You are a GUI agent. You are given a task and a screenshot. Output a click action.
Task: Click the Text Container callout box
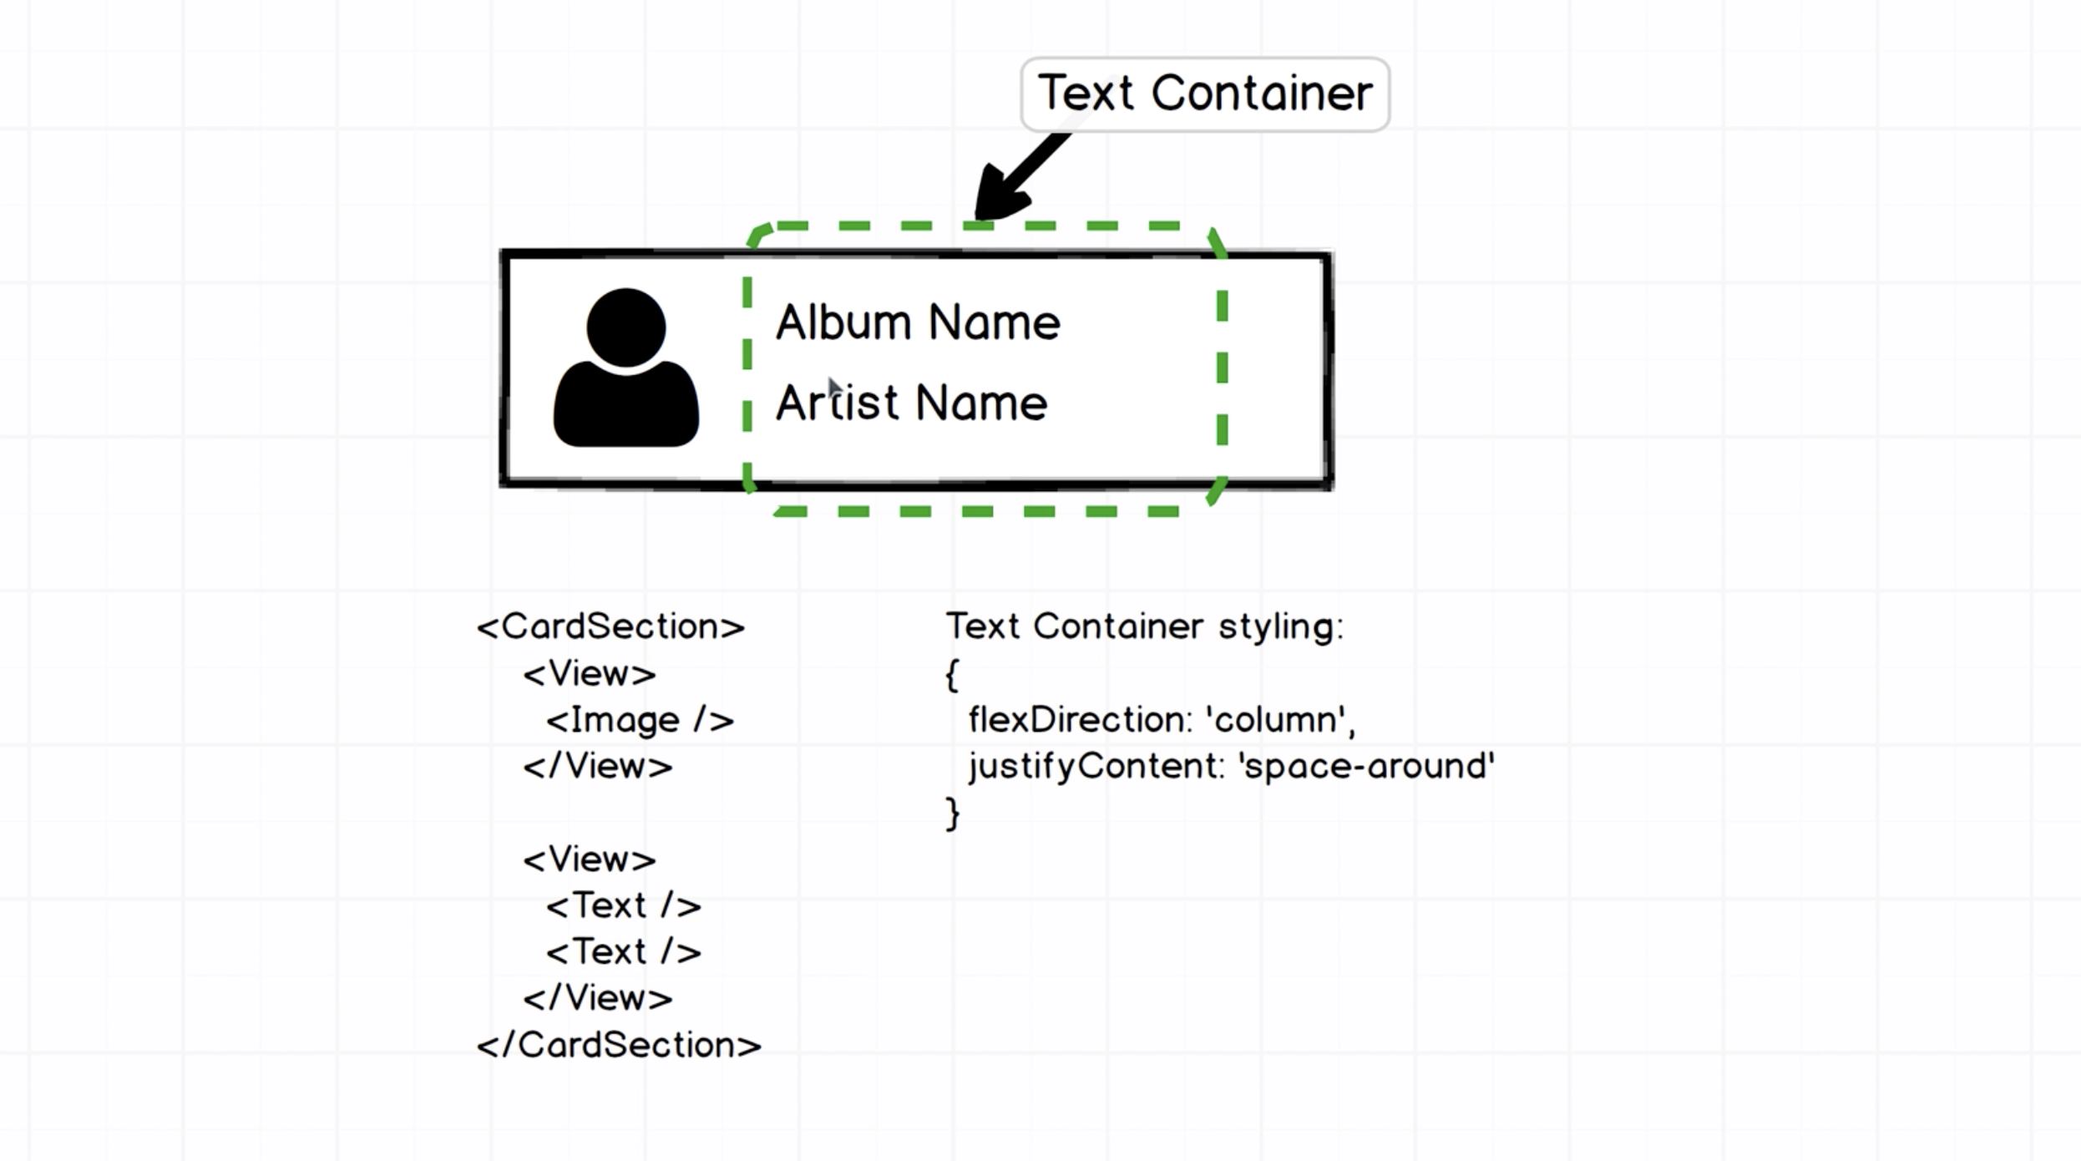coord(1204,94)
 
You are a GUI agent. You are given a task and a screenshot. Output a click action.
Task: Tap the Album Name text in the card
coord(918,322)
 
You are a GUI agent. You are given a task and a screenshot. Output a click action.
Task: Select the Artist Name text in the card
coord(911,403)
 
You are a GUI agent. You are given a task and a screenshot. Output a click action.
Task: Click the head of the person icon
coord(625,327)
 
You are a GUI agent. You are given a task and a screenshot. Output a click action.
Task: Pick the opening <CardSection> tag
coord(610,626)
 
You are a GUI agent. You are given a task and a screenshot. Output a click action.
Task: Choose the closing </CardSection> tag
coord(619,1045)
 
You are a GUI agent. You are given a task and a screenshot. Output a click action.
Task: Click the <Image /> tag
coord(640,720)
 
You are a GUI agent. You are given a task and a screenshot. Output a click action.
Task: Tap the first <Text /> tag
coord(623,905)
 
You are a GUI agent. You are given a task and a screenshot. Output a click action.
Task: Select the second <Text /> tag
coord(623,952)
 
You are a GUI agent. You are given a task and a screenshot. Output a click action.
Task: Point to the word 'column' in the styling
coord(1278,720)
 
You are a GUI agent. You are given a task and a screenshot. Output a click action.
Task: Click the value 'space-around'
coord(1366,766)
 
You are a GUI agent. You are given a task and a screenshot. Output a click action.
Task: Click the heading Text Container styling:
coord(1144,626)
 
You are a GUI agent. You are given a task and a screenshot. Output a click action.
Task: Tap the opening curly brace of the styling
coord(952,674)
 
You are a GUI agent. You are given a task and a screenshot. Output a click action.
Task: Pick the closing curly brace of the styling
coord(952,814)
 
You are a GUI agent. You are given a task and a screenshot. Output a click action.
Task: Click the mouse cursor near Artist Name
coord(834,388)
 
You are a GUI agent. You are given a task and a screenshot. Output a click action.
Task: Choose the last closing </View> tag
coord(597,998)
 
